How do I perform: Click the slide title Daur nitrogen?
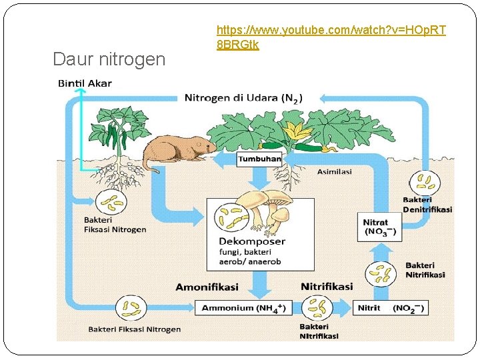[x=109, y=59]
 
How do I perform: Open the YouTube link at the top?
[x=331, y=37]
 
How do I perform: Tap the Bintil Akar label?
[x=85, y=83]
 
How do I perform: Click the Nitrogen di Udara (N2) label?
[x=243, y=98]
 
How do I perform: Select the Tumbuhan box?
[x=259, y=159]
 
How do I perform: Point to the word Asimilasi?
[x=334, y=171]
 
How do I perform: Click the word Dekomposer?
[x=252, y=241]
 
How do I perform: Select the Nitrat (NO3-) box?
[x=379, y=227]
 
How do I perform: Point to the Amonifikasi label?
[x=207, y=287]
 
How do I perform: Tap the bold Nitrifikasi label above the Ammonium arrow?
[x=327, y=287]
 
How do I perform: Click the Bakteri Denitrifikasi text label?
[x=427, y=205]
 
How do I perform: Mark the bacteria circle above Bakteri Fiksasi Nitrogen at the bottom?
[x=131, y=308]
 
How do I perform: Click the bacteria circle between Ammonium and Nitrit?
[x=317, y=308]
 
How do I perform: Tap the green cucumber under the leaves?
[x=313, y=147]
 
